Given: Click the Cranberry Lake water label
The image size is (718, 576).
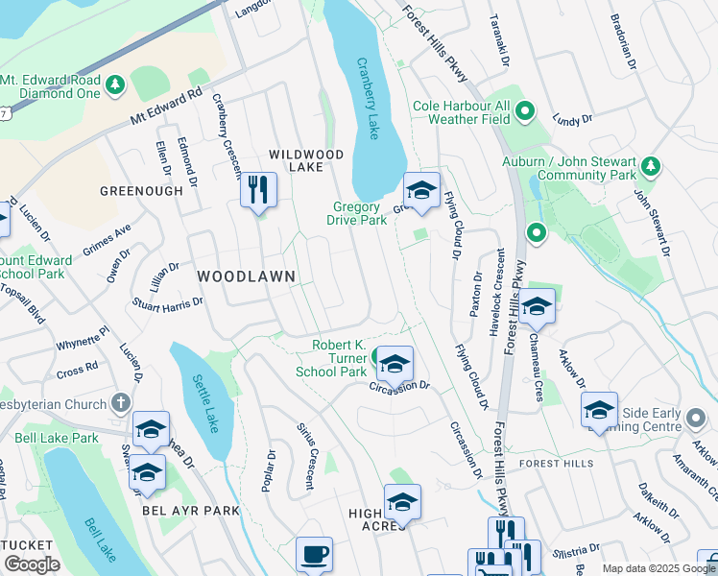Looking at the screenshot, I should (369, 97).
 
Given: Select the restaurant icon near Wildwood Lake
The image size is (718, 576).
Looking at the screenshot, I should (258, 189).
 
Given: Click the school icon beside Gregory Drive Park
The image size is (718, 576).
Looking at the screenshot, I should (420, 189).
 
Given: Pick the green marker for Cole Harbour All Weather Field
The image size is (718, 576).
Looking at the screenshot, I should (524, 113).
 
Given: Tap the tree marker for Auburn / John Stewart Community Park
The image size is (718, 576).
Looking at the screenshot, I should (650, 167).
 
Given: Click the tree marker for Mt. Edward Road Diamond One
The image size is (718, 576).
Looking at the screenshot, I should (115, 86).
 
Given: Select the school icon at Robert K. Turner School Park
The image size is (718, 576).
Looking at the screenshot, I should (394, 364).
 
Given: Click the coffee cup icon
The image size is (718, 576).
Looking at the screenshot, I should (314, 554).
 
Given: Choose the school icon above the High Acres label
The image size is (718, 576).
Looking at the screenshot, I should (402, 502).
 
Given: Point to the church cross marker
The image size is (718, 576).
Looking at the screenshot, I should (120, 401).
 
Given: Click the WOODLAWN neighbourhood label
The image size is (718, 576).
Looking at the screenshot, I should (245, 276).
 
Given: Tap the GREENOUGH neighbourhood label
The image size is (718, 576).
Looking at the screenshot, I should (141, 191).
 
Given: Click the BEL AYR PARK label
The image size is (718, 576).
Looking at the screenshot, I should (190, 511).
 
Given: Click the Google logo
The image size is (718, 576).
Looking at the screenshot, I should (32, 564).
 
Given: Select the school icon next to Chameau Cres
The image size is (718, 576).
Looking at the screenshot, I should (538, 306).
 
